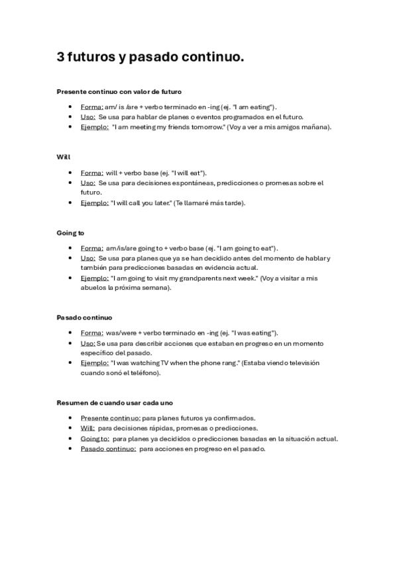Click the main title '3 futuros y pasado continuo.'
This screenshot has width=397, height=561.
(x=150, y=58)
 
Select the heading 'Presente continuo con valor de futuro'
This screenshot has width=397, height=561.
(x=119, y=91)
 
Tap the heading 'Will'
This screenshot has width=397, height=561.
(x=64, y=157)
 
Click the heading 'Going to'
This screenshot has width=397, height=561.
(x=70, y=233)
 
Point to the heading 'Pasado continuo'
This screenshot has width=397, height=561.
(x=84, y=318)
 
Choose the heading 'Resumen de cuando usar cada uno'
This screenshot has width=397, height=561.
(x=115, y=403)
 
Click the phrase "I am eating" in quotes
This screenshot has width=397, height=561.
(x=254, y=107)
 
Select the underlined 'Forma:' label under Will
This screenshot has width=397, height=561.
(x=91, y=172)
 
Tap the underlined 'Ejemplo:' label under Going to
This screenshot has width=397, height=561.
(x=95, y=279)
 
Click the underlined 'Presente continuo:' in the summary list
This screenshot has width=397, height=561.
(x=110, y=418)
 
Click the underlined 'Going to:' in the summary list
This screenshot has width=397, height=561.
(x=95, y=439)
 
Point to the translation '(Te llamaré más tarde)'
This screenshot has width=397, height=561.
(x=209, y=202)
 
